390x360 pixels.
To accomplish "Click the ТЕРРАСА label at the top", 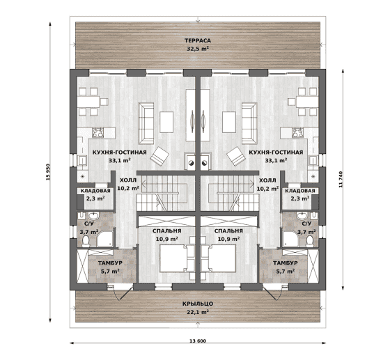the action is pyautogui.click(x=198, y=40).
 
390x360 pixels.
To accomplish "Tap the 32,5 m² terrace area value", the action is pyautogui.click(x=198, y=49).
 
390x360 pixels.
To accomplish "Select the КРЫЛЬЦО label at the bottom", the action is pyautogui.click(x=198, y=304).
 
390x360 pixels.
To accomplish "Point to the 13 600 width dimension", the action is pyautogui.click(x=198, y=341).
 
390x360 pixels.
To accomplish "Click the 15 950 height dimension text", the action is pyautogui.click(x=48, y=172).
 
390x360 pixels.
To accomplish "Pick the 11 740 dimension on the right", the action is pyautogui.click(x=341, y=180).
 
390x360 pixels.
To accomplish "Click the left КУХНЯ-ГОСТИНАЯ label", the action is pyautogui.click(x=119, y=152).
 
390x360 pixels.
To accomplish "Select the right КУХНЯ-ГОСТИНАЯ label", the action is pyautogui.click(x=276, y=152).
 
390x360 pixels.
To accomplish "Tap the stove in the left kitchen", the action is pyautogui.click(x=97, y=132).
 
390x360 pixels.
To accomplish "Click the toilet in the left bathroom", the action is pyautogui.click(x=86, y=241).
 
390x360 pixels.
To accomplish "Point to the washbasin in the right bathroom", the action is pyautogui.click(x=302, y=216).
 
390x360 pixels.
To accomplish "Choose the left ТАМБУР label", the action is pyautogui.click(x=110, y=263).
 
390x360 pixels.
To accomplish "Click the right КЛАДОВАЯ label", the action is pyautogui.click(x=300, y=191).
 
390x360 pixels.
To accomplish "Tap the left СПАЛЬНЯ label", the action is pyautogui.click(x=167, y=231).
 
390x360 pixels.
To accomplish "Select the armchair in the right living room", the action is pyautogui.click(x=236, y=156).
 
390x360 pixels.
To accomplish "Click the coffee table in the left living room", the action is pyautogui.click(x=166, y=122).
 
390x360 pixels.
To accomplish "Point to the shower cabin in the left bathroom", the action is pyautogui.click(x=105, y=238).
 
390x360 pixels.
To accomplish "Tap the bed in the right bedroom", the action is pyautogui.click(x=219, y=258).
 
